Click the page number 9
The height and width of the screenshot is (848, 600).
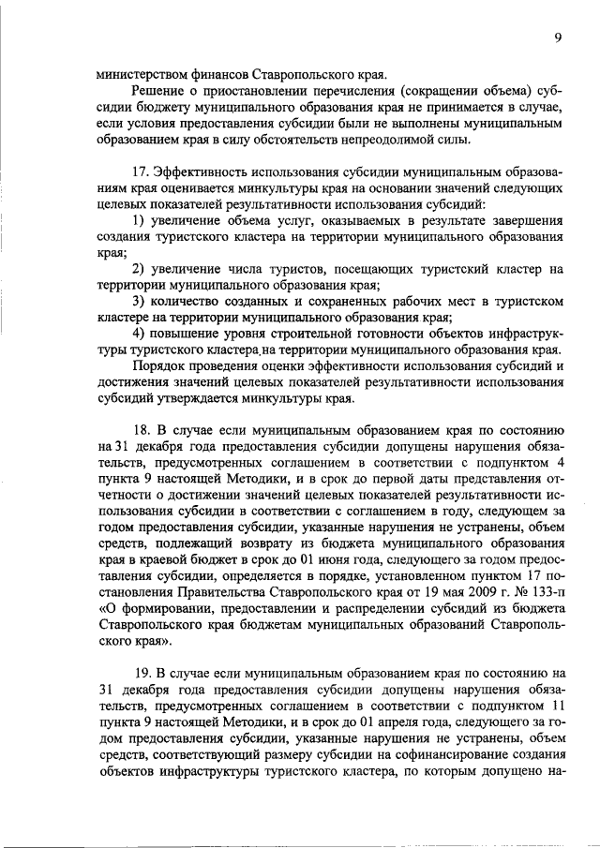click(x=558, y=37)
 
